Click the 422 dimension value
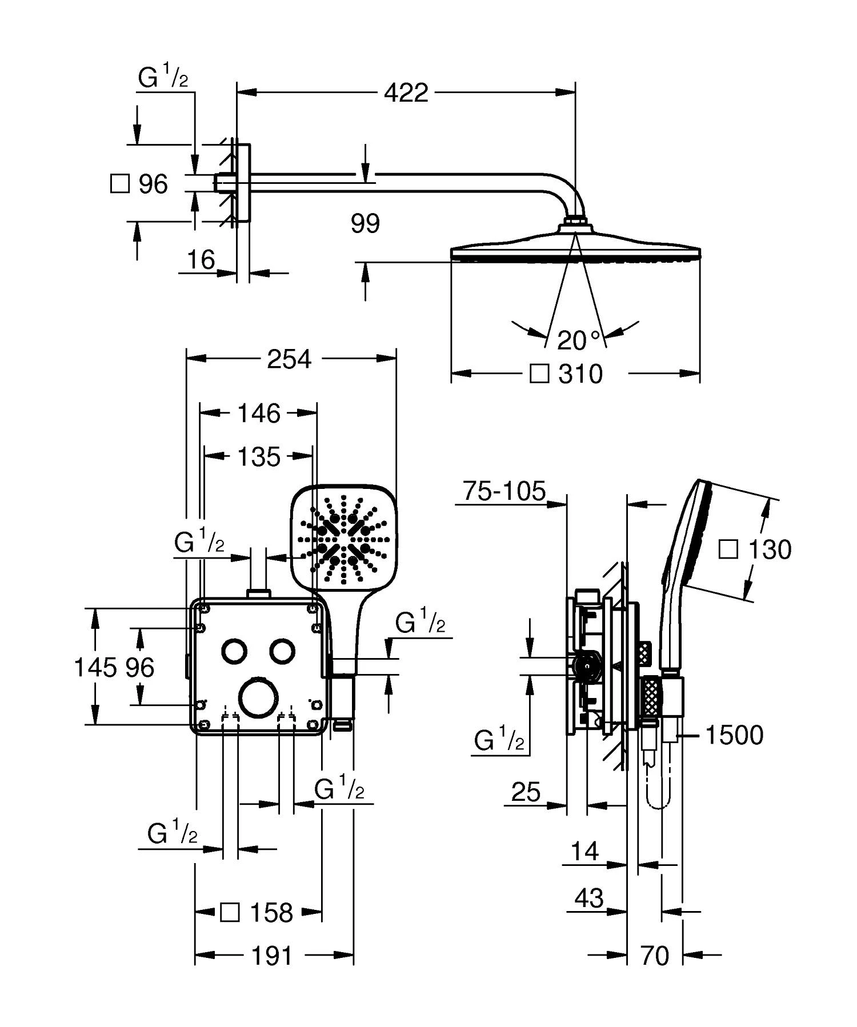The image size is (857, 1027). (406, 93)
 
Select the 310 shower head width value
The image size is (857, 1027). (580, 375)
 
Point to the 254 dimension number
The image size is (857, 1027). (290, 359)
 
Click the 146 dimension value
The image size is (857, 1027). (259, 413)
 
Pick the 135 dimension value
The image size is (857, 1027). (259, 456)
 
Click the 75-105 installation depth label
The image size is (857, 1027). (504, 491)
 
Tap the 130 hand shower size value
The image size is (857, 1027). (770, 549)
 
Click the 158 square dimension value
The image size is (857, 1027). (271, 913)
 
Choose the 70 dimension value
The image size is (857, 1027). (654, 955)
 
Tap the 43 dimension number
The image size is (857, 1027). (589, 898)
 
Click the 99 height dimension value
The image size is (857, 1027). (366, 223)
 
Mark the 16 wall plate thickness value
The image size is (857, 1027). (201, 260)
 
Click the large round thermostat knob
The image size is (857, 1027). (259, 697)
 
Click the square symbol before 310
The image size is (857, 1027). (540, 374)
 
